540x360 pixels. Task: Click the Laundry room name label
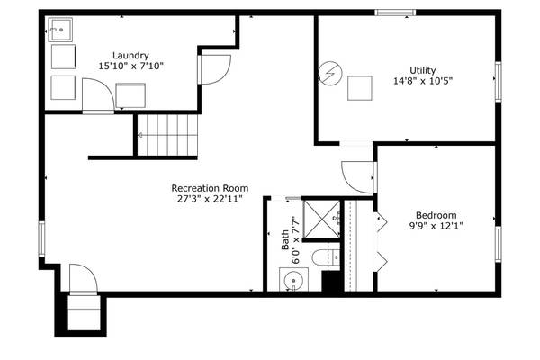coord(131,55)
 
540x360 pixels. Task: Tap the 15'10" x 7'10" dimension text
coord(131,66)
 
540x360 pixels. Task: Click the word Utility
coord(422,69)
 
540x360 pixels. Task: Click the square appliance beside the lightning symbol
coord(361,88)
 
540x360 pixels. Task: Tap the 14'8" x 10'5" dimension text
coord(422,80)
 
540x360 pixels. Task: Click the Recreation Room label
coord(210,188)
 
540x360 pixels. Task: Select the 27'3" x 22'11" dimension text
coord(210,199)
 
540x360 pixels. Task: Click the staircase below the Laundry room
coord(165,135)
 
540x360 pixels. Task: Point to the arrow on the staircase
coord(142,135)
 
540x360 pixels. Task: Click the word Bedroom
coord(436,214)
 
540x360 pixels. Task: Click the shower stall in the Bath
coord(320,219)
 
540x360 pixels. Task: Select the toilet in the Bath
coord(324,258)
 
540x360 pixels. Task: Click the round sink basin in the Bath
coord(293,280)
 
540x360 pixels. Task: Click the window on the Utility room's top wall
coord(396,12)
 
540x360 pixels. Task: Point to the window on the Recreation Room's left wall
coord(41,240)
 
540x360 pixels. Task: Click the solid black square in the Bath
coord(330,281)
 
